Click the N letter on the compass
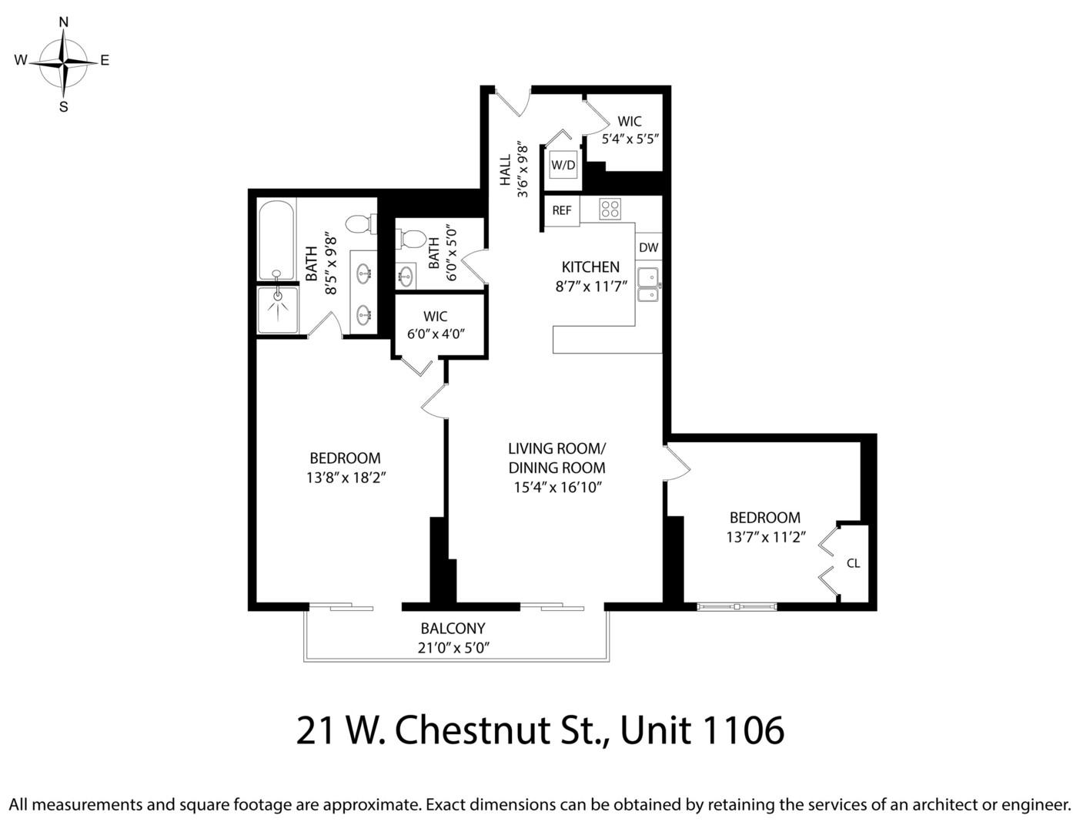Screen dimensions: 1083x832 63,22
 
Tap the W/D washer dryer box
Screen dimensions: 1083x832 563,165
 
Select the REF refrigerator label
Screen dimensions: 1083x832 562,210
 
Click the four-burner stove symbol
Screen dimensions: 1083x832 610,209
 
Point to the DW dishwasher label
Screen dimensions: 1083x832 648,247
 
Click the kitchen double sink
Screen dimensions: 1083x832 648,285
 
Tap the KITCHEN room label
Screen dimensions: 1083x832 590,267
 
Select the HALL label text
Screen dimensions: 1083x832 506,170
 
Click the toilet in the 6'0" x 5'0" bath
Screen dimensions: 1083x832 408,239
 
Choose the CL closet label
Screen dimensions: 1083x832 854,563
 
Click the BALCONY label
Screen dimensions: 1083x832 453,628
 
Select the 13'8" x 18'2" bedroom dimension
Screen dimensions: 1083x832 346,478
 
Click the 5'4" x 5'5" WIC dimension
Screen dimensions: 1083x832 630,139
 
